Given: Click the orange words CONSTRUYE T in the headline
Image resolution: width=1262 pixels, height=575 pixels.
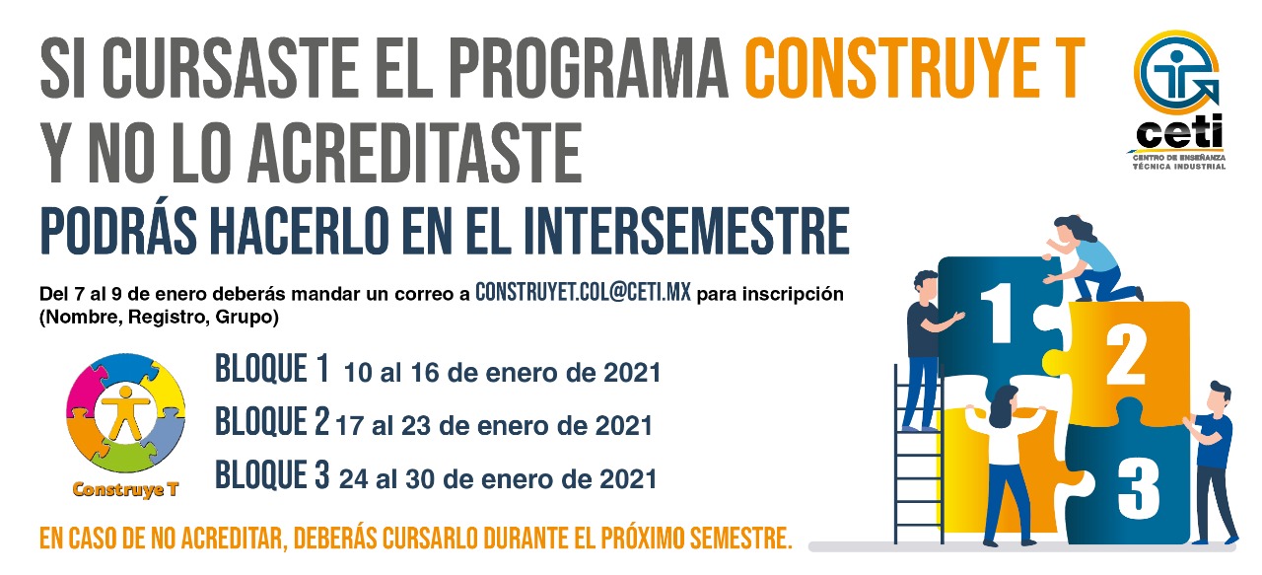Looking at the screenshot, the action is [x=915, y=68].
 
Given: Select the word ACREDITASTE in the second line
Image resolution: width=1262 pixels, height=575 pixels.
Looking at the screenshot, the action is [x=414, y=153].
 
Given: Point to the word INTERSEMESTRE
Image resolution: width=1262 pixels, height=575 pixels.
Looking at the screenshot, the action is [x=685, y=231].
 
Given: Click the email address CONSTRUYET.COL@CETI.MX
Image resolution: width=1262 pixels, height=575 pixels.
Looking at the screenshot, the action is [x=583, y=293].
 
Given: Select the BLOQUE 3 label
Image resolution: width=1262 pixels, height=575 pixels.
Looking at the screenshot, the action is [x=271, y=474].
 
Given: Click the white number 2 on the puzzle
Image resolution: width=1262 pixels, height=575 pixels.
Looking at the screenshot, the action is [x=1126, y=356].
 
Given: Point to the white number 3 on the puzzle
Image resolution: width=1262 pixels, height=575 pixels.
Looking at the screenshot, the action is [x=1138, y=488].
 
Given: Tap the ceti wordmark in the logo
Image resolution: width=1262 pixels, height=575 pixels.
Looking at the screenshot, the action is [x=1180, y=133].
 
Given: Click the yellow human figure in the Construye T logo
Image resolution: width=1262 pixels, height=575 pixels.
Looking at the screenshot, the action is [x=125, y=412].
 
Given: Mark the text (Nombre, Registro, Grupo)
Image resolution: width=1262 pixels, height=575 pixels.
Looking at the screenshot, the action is [x=159, y=318].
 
